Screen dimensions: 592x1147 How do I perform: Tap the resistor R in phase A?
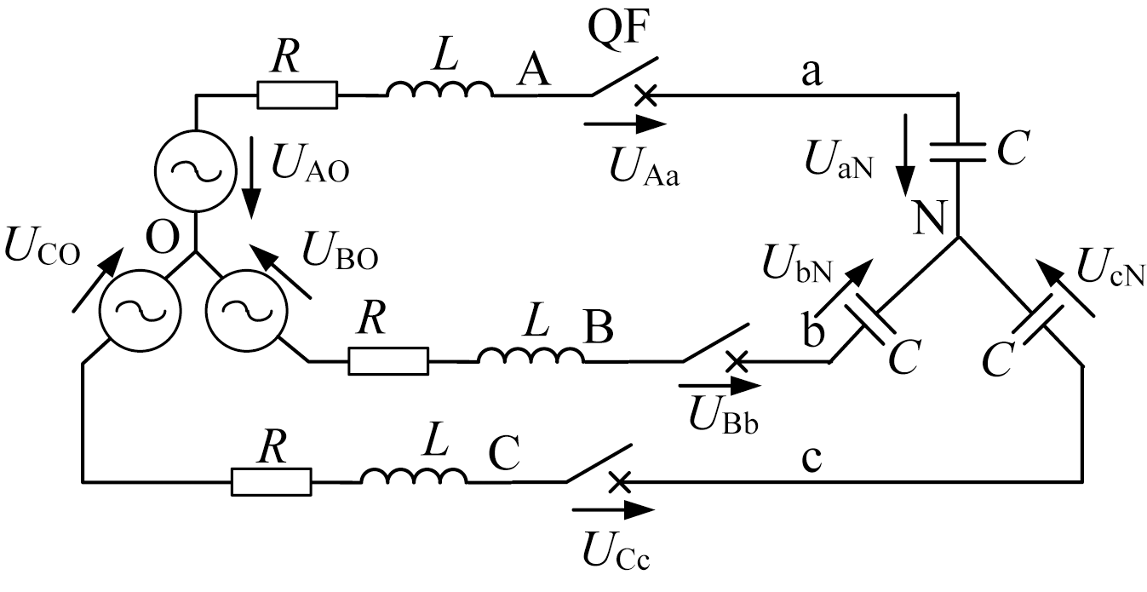tap(297, 95)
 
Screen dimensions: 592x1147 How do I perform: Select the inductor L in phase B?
tap(530, 356)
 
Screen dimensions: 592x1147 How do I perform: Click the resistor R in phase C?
tap(272, 481)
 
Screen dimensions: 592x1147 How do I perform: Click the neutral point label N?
tap(929, 221)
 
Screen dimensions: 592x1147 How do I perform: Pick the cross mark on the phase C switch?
tap(619, 482)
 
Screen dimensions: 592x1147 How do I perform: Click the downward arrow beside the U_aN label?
tap(907, 158)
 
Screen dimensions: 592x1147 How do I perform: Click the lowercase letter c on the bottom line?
tap(812, 457)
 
